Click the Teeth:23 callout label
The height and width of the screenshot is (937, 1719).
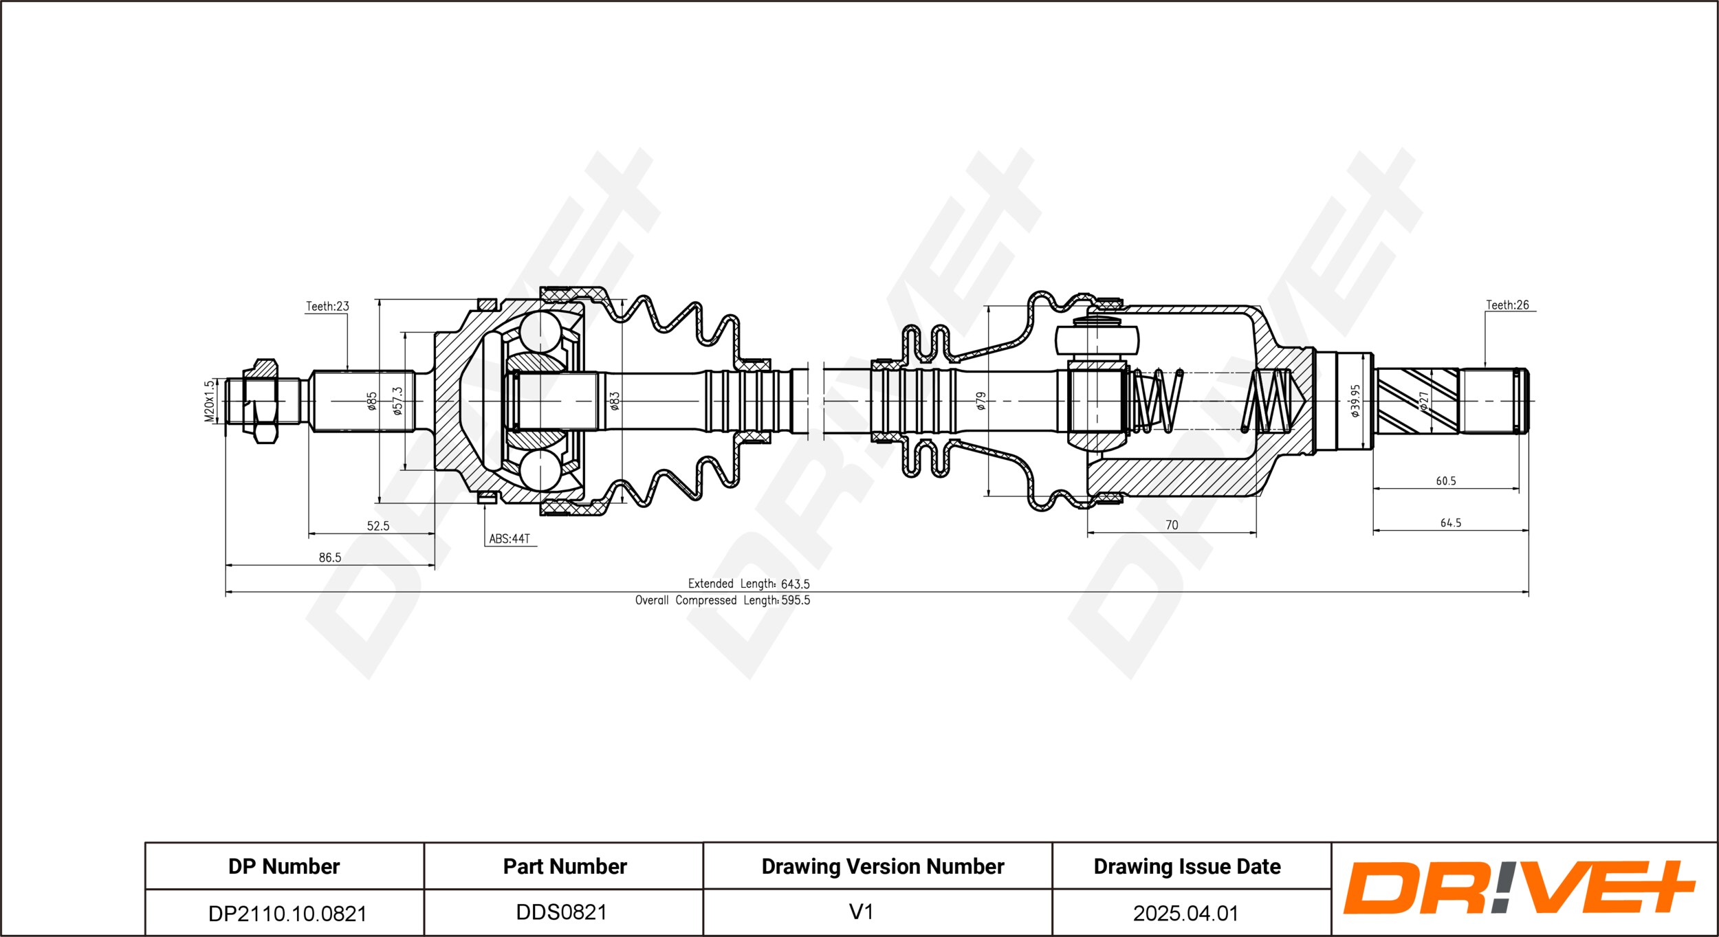coord(327,307)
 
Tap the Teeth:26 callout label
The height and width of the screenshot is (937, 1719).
coord(1507,305)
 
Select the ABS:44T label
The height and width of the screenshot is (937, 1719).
coord(510,539)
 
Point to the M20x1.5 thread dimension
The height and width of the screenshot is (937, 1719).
coord(209,401)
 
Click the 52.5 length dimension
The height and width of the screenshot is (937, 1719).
coord(378,526)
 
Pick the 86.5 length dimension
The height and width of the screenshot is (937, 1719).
coord(330,558)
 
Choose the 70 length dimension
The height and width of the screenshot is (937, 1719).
coord(1172,525)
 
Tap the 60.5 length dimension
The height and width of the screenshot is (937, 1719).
coord(1446,481)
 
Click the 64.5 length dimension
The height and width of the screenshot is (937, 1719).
coord(1451,523)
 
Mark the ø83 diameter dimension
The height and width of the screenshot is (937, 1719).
coord(615,401)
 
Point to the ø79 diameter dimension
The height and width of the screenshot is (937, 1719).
coord(981,401)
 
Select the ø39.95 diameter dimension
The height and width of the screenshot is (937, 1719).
coord(1355,401)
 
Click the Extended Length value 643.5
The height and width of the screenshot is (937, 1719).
coord(796,584)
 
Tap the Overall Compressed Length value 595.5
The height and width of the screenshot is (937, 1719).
coord(796,600)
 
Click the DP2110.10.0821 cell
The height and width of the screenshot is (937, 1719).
coord(287,914)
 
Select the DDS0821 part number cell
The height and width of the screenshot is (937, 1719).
coord(562,912)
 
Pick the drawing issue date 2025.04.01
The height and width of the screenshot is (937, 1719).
coord(1186,913)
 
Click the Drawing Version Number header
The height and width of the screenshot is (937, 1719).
coord(883,867)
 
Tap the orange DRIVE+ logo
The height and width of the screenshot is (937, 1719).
coord(1520,888)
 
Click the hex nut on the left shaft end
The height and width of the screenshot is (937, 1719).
coord(261,401)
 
